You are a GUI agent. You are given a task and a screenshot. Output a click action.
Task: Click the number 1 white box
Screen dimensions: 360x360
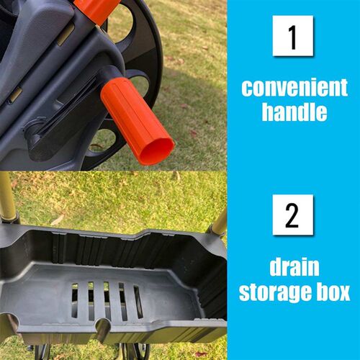click(x=292, y=35)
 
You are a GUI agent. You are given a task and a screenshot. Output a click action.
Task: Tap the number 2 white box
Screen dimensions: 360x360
click(x=292, y=215)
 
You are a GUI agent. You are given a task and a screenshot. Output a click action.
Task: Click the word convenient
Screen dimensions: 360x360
click(x=294, y=89)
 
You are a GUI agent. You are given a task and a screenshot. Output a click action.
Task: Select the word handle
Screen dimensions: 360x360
click(x=294, y=112)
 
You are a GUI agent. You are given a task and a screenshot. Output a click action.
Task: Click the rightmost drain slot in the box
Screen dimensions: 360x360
click(x=137, y=301)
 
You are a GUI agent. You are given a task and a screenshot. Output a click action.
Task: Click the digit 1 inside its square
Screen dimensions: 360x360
click(x=292, y=35)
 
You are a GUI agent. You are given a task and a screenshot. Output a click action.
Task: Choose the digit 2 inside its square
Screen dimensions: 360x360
click(x=292, y=215)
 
